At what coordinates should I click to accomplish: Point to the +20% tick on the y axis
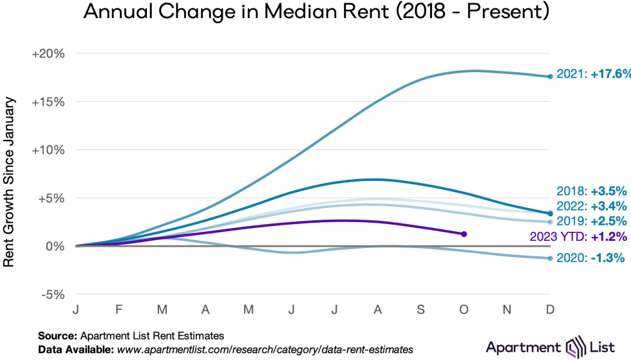(48, 53)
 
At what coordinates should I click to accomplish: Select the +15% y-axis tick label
(48, 102)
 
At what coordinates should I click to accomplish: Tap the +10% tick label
(48, 150)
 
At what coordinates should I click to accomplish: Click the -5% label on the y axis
(52, 294)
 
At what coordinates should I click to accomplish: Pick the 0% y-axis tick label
(54, 246)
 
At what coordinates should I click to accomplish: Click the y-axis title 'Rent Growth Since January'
(10, 173)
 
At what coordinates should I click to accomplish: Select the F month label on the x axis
(119, 310)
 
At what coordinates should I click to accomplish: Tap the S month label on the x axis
(421, 310)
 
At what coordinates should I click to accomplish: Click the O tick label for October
(464, 310)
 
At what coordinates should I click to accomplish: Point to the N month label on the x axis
(507, 310)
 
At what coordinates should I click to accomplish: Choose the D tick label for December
(550, 310)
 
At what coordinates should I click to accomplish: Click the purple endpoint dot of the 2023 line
(464, 234)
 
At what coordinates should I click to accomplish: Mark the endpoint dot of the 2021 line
(550, 77)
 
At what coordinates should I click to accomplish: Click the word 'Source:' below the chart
(57, 336)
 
